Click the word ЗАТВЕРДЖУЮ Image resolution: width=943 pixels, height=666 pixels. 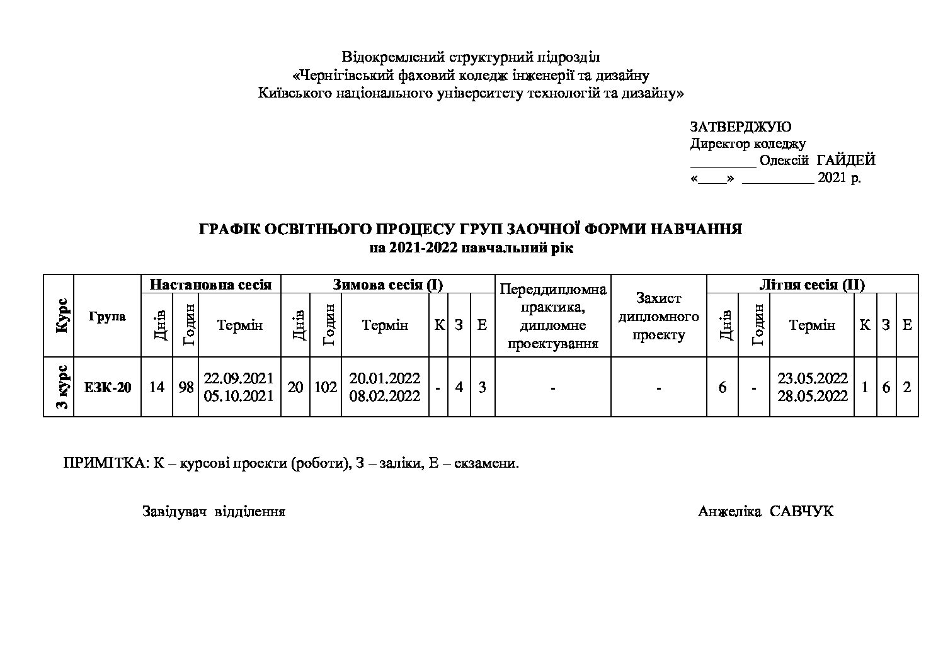(x=741, y=127)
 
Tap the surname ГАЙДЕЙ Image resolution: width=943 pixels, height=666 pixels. (x=846, y=161)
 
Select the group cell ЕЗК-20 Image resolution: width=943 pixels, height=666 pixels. (x=108, y=387)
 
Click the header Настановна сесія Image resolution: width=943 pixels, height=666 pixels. (x=210, y=285)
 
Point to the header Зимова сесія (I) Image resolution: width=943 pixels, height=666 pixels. (x=387, y=285)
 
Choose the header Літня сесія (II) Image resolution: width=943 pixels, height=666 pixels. (x=812, y=285)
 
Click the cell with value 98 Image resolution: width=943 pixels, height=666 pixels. (x=186, y=387)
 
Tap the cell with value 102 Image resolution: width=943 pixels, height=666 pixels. (x=325, y=387)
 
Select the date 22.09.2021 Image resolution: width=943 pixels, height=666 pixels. (x=239, y=378)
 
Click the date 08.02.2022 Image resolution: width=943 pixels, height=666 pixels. (x=384, y=396)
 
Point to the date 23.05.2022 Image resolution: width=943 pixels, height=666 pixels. (x=812, y=378)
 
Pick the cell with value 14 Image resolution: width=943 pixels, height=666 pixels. (x=156, y=387)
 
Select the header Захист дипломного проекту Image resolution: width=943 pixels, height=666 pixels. (x=658, y=316)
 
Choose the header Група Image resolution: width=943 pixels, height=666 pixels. (x=107, y=316)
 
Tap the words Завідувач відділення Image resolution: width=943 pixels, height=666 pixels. (x=214, y=511)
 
